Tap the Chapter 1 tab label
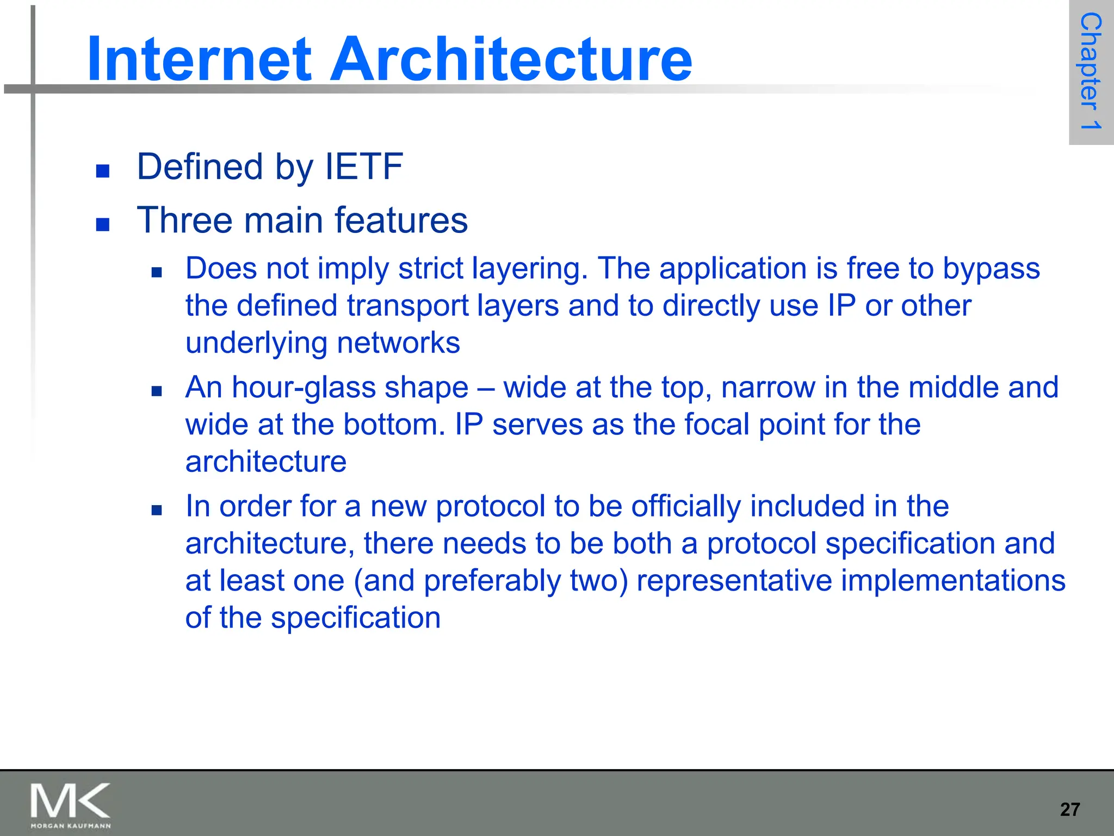coord(1091,72)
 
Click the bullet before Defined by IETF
coord(102,171)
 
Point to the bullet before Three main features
coord(102,224)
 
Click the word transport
coord(407,306)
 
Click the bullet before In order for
coord(157,510)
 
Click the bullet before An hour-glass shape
coord(157,391)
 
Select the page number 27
coord(1070,809)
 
